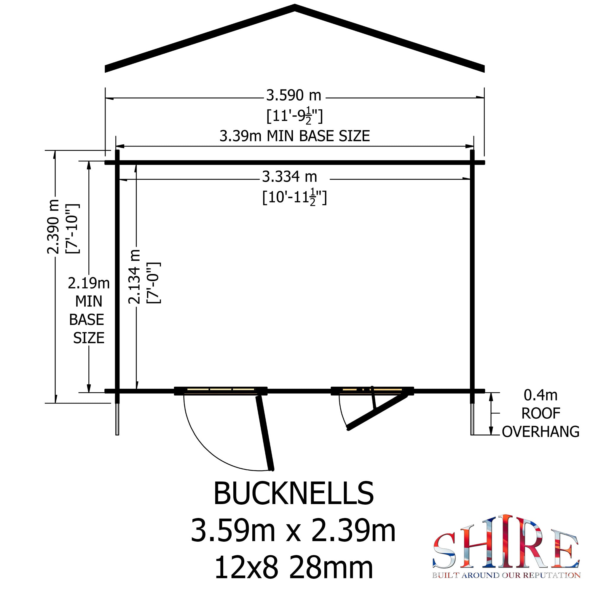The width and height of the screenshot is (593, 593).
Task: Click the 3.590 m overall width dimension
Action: click(x=294, y=95)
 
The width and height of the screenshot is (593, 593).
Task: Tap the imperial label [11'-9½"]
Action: click(x=294, y=116)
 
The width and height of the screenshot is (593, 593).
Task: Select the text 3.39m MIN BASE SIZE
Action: click(x=295, y=136)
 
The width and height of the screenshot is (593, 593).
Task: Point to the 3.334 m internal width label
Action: click(x=289, y=177)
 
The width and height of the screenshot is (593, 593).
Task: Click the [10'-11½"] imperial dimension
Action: click(x=295, y=197)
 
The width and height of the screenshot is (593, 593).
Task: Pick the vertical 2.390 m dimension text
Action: click(x=53, y=227)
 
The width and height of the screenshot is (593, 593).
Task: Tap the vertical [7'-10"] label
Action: click(x=73, y=229)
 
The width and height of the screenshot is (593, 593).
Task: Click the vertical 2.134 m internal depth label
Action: click(x=134, y=277)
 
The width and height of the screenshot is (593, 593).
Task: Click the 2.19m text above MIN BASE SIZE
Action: click(x=89, y=283)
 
